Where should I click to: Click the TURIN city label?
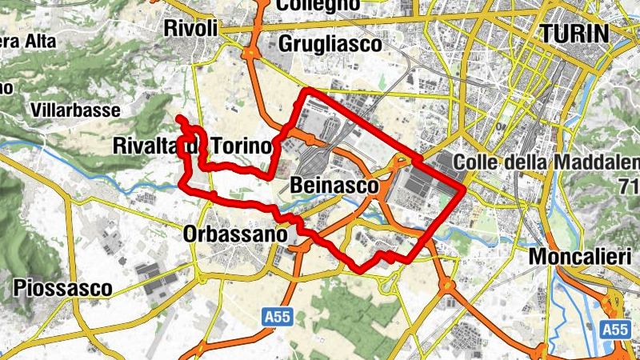[574, 33]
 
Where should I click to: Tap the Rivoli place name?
[190, 28]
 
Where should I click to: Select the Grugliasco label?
[330, 46]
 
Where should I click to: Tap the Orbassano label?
[234, 235]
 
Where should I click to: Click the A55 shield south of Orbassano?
[276, 318]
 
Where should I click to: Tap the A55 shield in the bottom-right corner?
[614, 329]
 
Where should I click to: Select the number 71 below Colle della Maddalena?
[628, 189]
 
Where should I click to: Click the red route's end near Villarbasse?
[178, 119]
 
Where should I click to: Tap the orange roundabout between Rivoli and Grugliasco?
[249, 54]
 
